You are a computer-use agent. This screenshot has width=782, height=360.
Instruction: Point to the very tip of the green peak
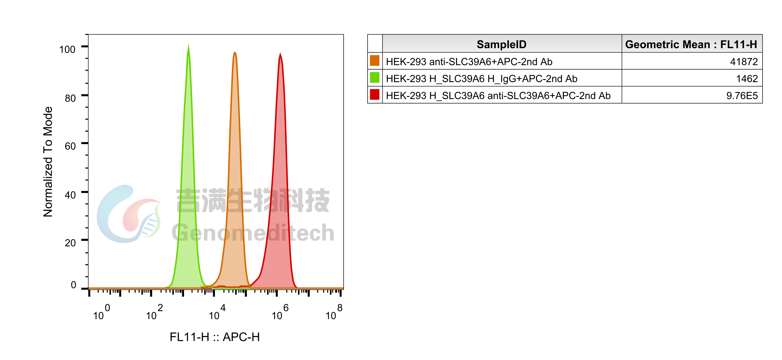(x=188, y=44)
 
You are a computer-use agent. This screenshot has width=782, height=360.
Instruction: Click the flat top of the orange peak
(x=235, y=53)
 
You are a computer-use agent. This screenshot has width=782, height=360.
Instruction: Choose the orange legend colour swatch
(x=374, y=60)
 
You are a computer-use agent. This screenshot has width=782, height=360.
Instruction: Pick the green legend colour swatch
(x=374, y=77)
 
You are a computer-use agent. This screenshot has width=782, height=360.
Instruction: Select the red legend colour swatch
(x=374, y=94)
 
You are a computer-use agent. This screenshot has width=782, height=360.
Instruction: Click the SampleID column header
(x=502, y=44)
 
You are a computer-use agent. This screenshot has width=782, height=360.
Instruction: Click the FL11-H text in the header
(x=739, y=44)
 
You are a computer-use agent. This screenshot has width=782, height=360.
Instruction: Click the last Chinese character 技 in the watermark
(x=317, y=200)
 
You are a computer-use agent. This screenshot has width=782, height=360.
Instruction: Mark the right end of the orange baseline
(x=342, y=288)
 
